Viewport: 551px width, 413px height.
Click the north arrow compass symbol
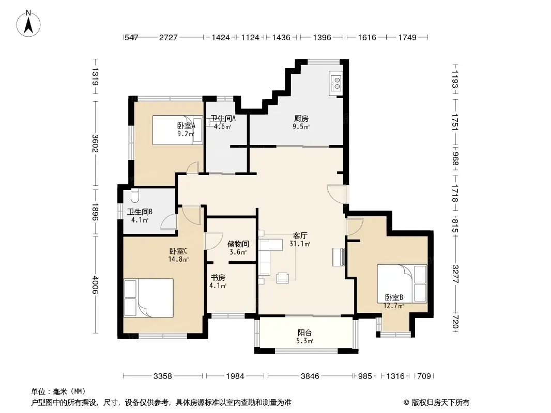28,24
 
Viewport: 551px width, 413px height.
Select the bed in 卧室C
149,298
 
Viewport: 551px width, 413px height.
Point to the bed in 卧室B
402,283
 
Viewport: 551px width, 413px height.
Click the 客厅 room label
300,235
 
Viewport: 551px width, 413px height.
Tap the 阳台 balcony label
304,332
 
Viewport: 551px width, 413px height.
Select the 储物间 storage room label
238,244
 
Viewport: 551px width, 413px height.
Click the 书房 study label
218,278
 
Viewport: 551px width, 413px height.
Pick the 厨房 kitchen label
301,119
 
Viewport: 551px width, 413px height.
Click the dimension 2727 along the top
169,38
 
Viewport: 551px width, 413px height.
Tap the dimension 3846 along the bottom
310,376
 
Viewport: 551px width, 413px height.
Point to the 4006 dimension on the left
95,284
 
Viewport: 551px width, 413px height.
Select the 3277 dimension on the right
455,274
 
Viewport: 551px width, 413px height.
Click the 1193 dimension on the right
455,80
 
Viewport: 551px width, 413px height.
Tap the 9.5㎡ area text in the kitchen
301,126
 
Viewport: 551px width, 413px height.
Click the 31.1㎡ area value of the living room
300,244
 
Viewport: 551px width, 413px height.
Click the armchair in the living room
283,278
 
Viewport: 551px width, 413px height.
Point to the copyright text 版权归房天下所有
440,403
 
